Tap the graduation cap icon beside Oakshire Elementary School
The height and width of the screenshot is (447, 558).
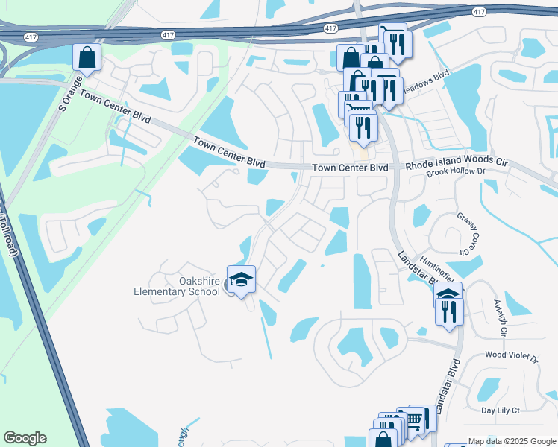(x=241, y=279)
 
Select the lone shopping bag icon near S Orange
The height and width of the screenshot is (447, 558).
(x=87, y=57)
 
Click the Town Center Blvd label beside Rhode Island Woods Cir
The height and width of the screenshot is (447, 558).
(x=350, y=168)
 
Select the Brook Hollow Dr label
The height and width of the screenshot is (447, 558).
(x=456, y=174)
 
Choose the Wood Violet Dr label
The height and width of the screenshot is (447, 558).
(x=511, y=358)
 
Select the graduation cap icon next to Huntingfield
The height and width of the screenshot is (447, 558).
(x=448, y=295)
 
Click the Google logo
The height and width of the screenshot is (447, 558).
(x=25, y=438)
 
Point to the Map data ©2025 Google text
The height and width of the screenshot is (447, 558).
(x=511, y=441)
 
